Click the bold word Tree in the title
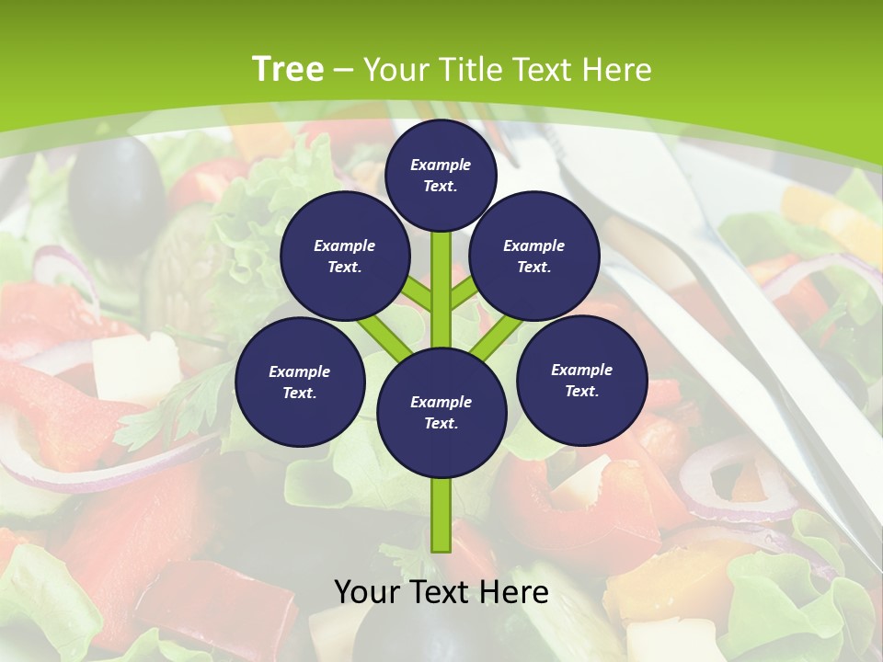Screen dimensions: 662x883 [x=288, y=69]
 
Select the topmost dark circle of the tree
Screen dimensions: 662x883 [x=441, y=175]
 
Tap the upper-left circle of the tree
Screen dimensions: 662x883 [x=344, y=257]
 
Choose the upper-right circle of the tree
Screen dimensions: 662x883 [x=534, y=257]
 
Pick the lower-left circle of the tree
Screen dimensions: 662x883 [x=300, y=382]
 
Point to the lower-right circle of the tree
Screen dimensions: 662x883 [x=582, y=380]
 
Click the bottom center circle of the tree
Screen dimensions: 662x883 [x=441, y=412]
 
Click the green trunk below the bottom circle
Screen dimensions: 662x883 [x=441, y=515]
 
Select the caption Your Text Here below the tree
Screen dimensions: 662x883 [x=441, y=592]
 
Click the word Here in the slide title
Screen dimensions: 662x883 [x=618, y=69]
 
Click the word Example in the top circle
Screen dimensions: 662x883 [x=441, y=165]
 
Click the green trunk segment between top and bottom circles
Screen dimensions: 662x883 [x=441, y=285]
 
